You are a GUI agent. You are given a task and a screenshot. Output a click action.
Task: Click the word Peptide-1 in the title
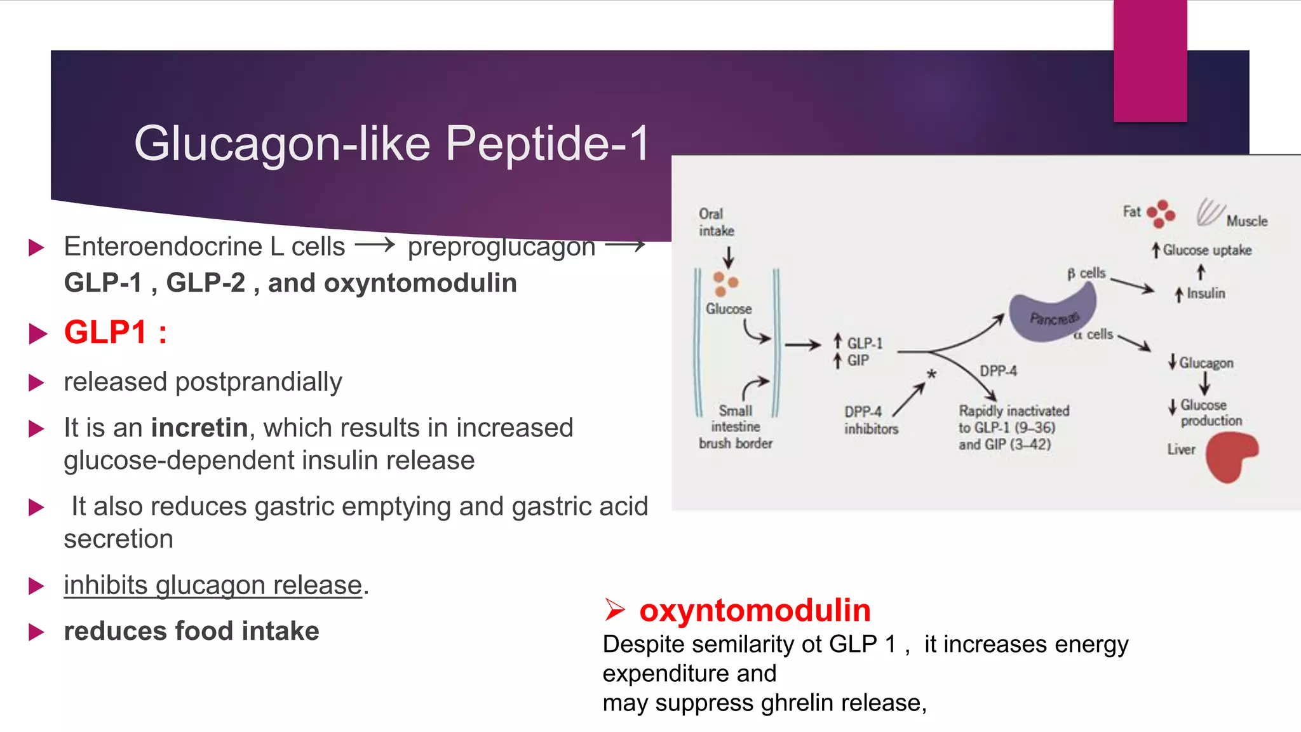click(x=548, y=143)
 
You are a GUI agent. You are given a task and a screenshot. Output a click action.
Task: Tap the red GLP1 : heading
click(x=115, y=332)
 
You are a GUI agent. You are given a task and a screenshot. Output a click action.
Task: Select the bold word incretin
click(x=199, y=428)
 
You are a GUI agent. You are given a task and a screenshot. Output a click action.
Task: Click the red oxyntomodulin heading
click(x=754, y=610)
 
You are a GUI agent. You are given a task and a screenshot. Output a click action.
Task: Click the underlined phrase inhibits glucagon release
click(x=213, y=585)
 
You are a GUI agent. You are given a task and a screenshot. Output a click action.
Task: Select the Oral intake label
click(x=716, y=222)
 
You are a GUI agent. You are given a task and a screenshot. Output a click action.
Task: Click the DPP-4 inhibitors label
click(x=870, y=420)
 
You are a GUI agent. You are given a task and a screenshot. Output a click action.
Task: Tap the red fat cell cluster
click(x=1161, y=213)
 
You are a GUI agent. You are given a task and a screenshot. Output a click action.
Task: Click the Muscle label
click(x=1246, y=221)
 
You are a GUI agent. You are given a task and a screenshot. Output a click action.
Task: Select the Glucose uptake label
click(x=1206, y=250)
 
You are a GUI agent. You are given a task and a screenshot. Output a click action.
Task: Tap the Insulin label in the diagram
click(x=1205, y=294)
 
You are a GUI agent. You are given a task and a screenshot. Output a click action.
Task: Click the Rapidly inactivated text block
click(x=1013, y=428)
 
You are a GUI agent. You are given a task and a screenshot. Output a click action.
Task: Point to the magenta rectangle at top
click(x=1150, y=60)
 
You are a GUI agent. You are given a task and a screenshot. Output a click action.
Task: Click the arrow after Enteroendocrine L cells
click(x=375, y=245)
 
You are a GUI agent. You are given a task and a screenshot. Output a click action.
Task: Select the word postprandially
click(x=258, y=382)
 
